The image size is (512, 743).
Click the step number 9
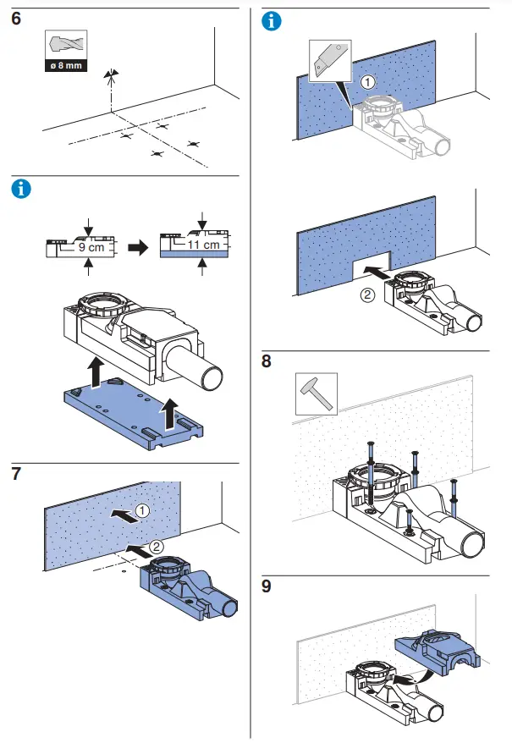(267, 586)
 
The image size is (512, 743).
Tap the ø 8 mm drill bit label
(65, 65)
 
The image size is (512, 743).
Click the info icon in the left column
(19, 189)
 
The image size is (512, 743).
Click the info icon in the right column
(273, 21)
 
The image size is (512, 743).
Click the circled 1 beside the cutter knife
(366, 83)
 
